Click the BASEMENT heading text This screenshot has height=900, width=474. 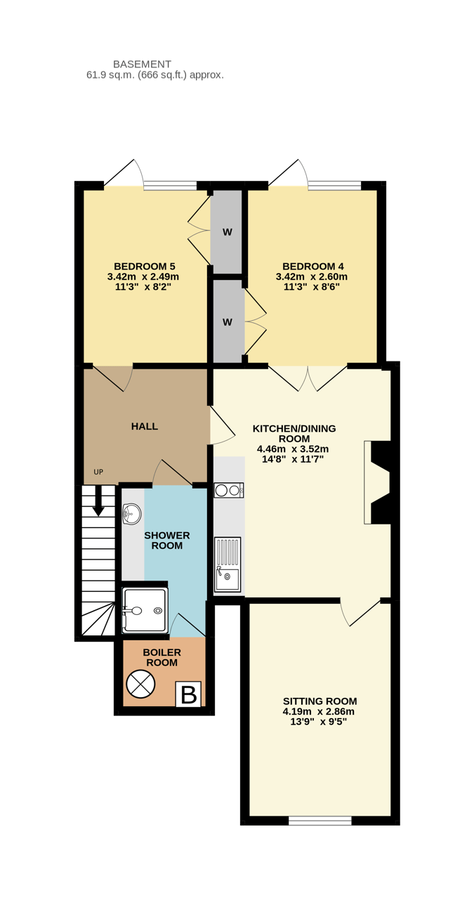click(x=142, y=64)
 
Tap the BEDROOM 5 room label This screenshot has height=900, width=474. click(x=144, y=266)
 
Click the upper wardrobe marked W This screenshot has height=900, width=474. click(x=227, y=232)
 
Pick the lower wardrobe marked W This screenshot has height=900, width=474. click(x=227, y=322)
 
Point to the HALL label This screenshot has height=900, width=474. click(x=145, y=426)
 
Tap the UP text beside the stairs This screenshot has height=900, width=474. click(x=98, y=472)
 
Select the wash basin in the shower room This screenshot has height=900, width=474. click(x=131, y=515)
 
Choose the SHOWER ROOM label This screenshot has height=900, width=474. click(x=167, y=541)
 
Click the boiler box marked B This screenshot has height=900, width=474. click(x=188, y=694)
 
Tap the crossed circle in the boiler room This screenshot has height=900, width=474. click(x=140, y=684)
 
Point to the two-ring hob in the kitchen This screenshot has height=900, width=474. click(x=228, y=490)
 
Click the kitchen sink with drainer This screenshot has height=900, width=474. click(x=228, y=564)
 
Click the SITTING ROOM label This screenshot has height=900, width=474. click(x=320, y=701)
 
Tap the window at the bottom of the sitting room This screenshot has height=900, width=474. click(x=320, y=820)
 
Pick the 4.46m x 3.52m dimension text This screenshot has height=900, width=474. click(x=293, y=449)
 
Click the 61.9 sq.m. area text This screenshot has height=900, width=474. click(x=155, y=74)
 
